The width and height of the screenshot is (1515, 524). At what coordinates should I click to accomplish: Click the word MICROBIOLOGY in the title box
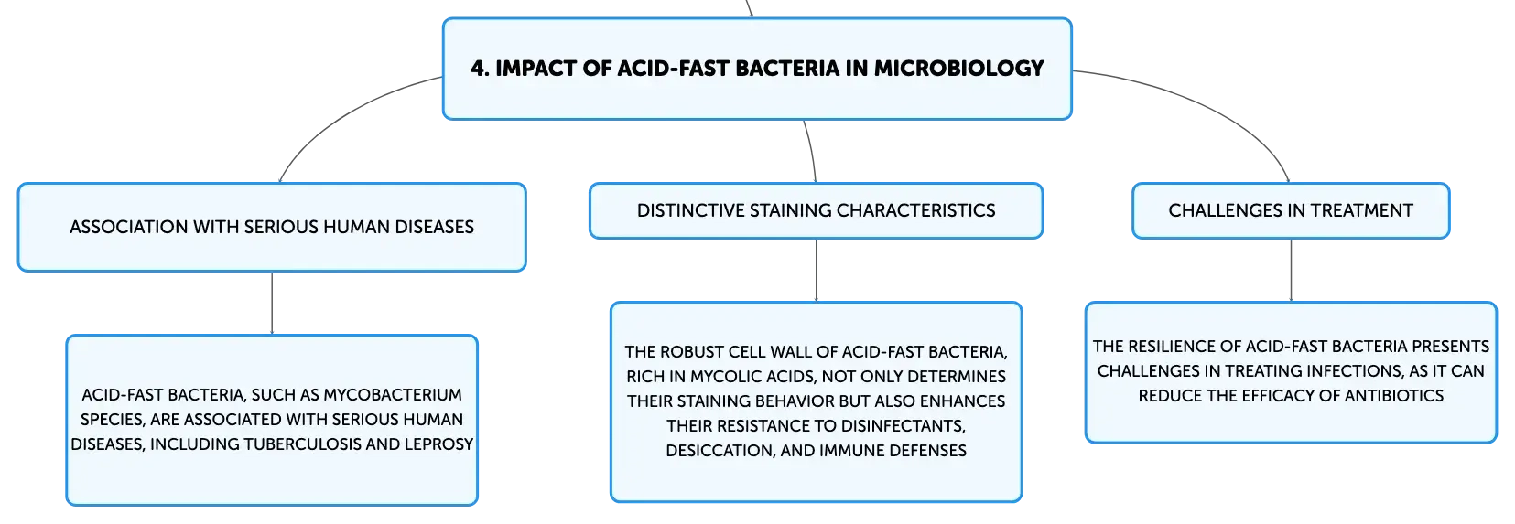tap(959, 69)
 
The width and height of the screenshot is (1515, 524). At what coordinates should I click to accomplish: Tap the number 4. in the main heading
tap(480, 69)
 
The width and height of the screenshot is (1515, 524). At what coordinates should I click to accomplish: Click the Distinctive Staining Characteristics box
tap(816, 210)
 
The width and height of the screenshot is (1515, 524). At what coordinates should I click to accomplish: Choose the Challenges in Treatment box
tap(1291, 210)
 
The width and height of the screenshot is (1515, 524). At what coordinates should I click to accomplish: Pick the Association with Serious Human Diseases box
tap(272, 227)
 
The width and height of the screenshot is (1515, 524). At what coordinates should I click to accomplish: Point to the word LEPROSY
tap(438, 444)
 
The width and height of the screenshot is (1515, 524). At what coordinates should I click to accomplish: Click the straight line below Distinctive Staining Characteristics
tap(816, 270)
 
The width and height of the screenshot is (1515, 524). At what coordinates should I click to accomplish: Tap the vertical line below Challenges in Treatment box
tap(1291, 270)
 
